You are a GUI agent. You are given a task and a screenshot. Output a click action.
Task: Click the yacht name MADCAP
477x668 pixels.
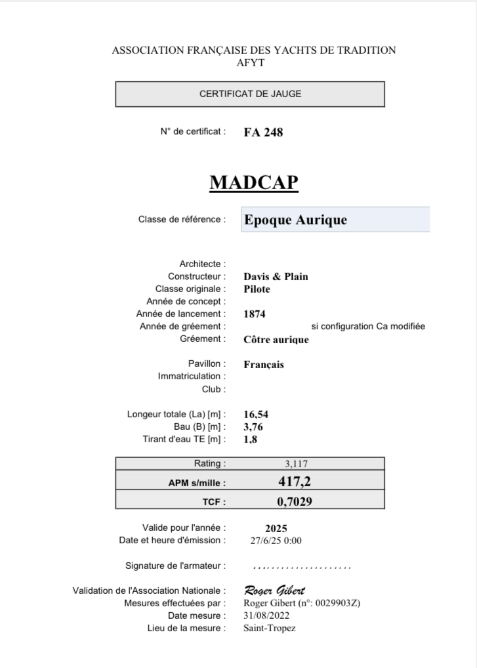click(254, 182)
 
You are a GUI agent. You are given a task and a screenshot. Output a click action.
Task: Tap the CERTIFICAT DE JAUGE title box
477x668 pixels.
click(250, 94)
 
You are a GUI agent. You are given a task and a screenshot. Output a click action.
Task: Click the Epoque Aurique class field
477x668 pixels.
click(335, 220)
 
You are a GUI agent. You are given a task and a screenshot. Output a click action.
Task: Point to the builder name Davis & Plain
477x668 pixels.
click(276, 276)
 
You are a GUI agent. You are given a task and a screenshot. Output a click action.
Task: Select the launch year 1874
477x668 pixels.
click(255, 314)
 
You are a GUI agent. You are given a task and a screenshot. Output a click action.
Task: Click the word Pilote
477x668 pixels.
click(257, 289)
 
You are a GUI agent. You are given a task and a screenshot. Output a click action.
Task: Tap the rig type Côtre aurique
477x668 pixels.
click(276, 339)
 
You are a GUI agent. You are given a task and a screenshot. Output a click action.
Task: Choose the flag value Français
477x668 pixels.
click(264, 364)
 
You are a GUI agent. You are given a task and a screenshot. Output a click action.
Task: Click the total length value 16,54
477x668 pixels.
click(256, 414)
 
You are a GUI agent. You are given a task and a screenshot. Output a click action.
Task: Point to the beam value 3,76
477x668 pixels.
click(253, 427)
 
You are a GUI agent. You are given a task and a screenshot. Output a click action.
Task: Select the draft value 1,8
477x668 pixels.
click(250, 439)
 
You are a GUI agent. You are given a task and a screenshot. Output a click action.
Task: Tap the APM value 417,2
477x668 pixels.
click(294, 482)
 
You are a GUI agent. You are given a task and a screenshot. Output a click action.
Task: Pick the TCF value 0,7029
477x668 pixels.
click(294, 502)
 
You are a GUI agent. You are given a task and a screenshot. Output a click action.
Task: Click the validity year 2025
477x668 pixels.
click(276, 528)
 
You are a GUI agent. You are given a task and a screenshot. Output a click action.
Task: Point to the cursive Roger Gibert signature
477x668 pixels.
click(274, 590)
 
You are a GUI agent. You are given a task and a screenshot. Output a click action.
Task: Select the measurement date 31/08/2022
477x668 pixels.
click(266, 616)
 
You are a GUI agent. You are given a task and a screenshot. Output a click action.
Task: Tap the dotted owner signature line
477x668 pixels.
click(302, 566)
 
